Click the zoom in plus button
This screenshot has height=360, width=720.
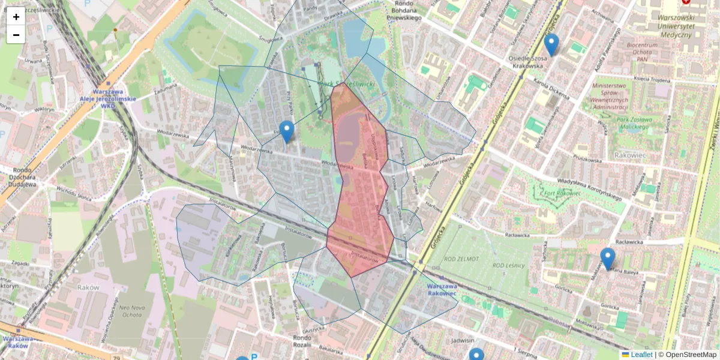pyautogui.click(x=16, y=17)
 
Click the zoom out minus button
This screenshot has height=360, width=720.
pyautogui.click(x=16, y=35)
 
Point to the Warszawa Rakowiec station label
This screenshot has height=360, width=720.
pyautogui.click(x=442, y=289)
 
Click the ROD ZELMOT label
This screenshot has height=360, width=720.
pyautogui.click(x=462, y=259)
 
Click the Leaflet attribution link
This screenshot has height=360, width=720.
pyautogui.click(x=641, y=355)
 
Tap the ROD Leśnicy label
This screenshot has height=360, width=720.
pyautogui.click(x=508, y=265)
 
